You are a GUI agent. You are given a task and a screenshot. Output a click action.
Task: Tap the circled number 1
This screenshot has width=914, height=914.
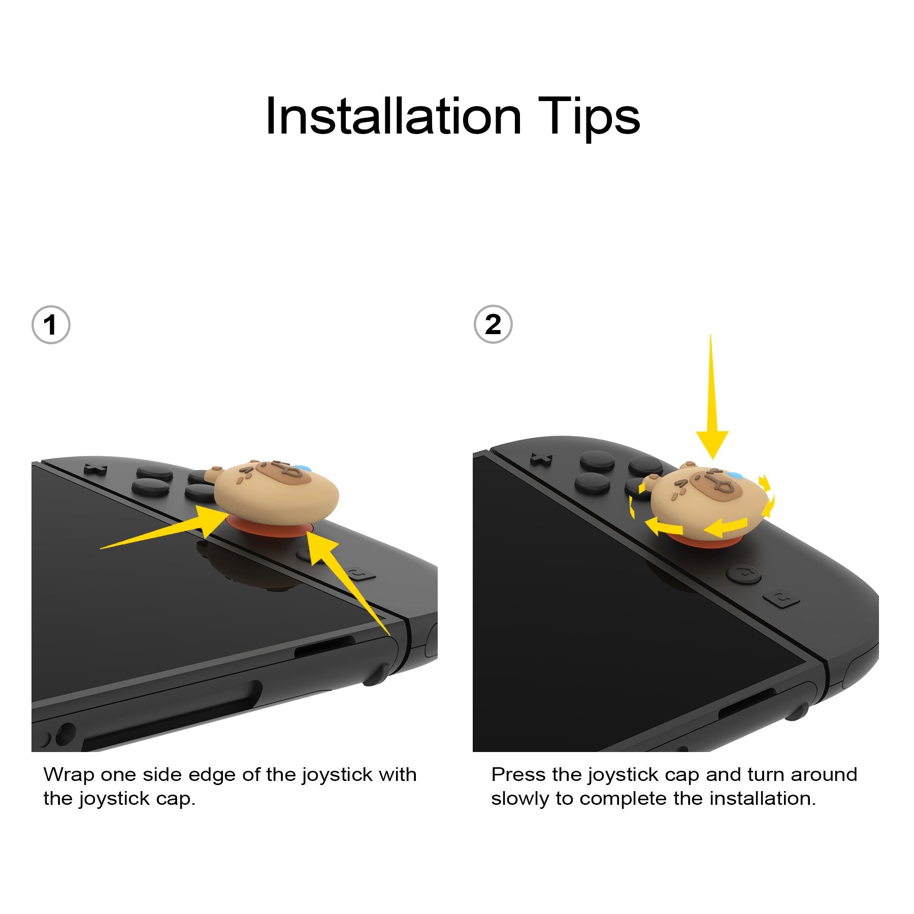pos(50,325)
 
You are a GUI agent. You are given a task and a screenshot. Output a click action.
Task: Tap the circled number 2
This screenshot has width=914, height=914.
pos(493,324)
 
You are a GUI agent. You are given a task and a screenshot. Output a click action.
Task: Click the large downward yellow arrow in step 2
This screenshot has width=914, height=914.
pos(711,406)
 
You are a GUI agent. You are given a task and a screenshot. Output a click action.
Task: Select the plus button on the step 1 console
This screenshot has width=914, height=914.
pos(95,469)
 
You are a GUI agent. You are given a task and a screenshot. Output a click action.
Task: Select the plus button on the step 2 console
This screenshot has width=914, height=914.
pos(541,460)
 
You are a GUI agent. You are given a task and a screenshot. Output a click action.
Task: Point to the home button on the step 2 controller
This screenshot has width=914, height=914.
pos(744,574)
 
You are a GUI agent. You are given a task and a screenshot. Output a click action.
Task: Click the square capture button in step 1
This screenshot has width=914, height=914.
pos(362,574)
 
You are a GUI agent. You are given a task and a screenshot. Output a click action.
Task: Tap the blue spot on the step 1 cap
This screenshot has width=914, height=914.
pos(302,468)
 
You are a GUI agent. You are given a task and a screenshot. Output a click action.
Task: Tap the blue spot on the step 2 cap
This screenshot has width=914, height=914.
pos(734,475)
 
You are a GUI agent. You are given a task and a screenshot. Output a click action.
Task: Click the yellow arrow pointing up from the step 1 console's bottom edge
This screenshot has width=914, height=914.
pos(345,579)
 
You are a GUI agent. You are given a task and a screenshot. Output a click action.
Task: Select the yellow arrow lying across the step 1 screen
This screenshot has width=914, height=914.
pos(168,531)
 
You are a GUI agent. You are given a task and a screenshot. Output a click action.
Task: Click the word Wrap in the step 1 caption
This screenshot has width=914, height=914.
pos(69,775)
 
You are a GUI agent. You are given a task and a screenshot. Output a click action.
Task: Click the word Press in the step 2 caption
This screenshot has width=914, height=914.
pos(518,775)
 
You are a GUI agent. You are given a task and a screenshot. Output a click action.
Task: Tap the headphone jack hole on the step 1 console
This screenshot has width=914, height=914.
pos(65,735)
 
